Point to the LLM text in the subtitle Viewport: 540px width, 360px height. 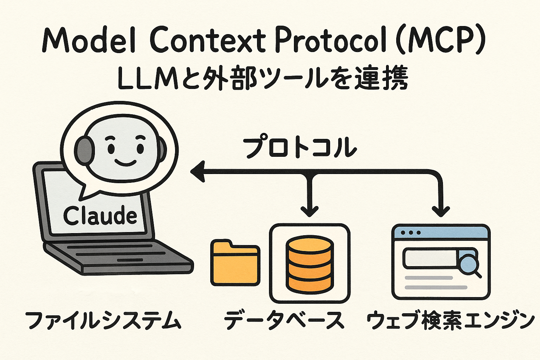pyautogui.click(x=147, y=79)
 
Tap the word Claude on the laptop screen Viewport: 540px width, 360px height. pyautogui.click(x=100, y=215)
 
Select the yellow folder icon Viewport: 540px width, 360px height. pyautogui.click(x=235, y=262)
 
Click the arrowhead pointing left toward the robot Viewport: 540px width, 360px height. pyautogui.click(x=198, y=172)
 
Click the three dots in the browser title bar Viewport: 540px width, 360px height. pyautogui.click(x=410, y=233)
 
